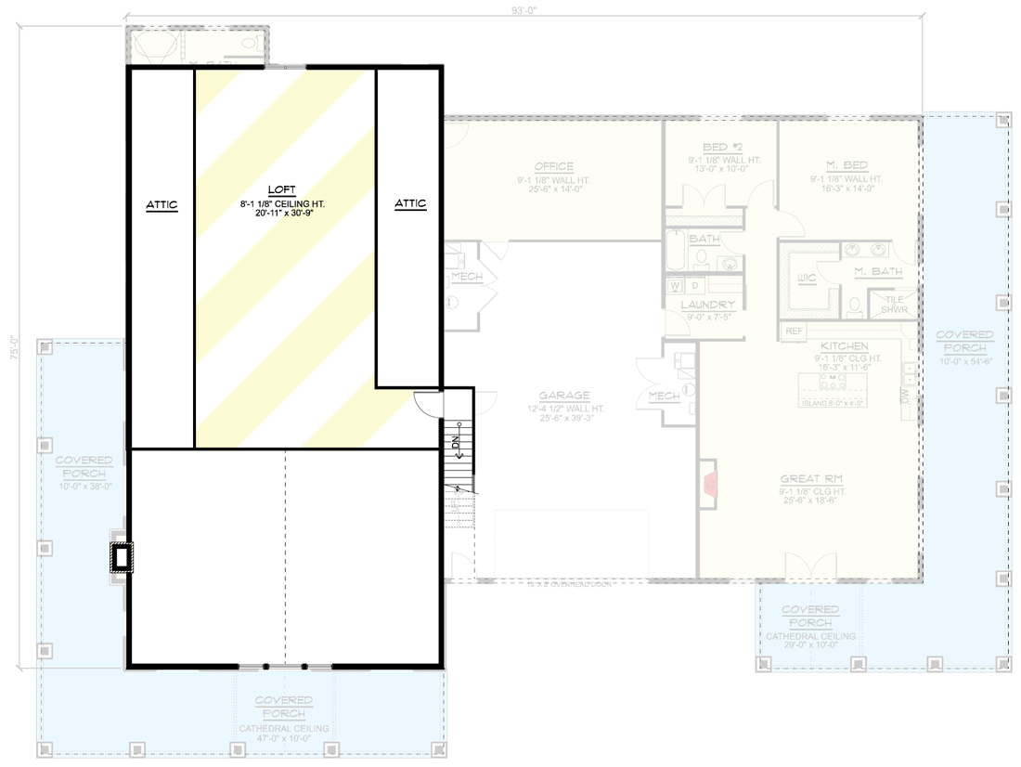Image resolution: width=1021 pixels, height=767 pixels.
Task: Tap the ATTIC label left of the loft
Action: tap(161, 204)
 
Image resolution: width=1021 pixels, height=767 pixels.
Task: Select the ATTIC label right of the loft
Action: tap(410, 204)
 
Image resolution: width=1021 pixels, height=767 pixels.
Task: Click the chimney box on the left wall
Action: tap(121, 557)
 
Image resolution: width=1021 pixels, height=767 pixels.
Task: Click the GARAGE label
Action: tap(563, 396)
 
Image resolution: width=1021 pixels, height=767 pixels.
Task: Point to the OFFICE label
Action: tap(553, 167)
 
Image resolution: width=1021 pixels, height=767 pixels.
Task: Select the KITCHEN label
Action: tap(844, 345)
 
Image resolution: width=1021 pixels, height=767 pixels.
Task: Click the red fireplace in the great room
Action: tap(710, 482)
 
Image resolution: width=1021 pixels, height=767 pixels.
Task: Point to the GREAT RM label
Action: tap(811, 479)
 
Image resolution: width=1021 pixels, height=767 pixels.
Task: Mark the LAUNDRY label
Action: tap(707, 305)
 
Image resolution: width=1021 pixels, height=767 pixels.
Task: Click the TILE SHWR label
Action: tap(895, 305)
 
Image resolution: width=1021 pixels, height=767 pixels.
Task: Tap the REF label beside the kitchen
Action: tap(795, 331)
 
